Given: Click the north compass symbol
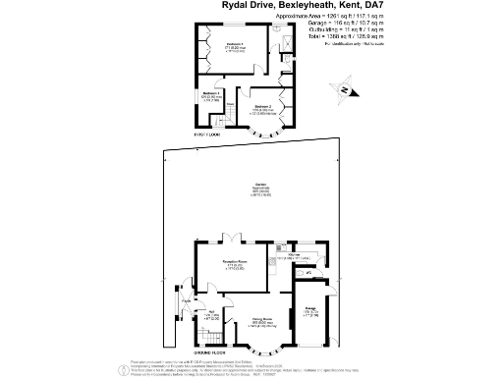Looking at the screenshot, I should [337, 90].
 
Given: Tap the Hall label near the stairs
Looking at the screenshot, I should [209, 311].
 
